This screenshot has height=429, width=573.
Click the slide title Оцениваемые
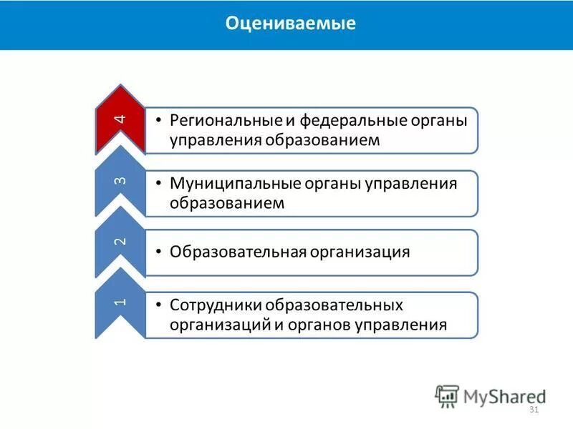pos(291,24)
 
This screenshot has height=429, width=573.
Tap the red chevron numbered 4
pos(120,120)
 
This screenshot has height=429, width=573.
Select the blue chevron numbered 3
pos(120,181)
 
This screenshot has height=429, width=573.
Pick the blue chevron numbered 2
pos(120,242)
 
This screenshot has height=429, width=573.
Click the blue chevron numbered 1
pos(120,302)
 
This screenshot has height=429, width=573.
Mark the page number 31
pos(533,410)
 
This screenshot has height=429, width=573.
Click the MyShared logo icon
pos(447,395)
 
